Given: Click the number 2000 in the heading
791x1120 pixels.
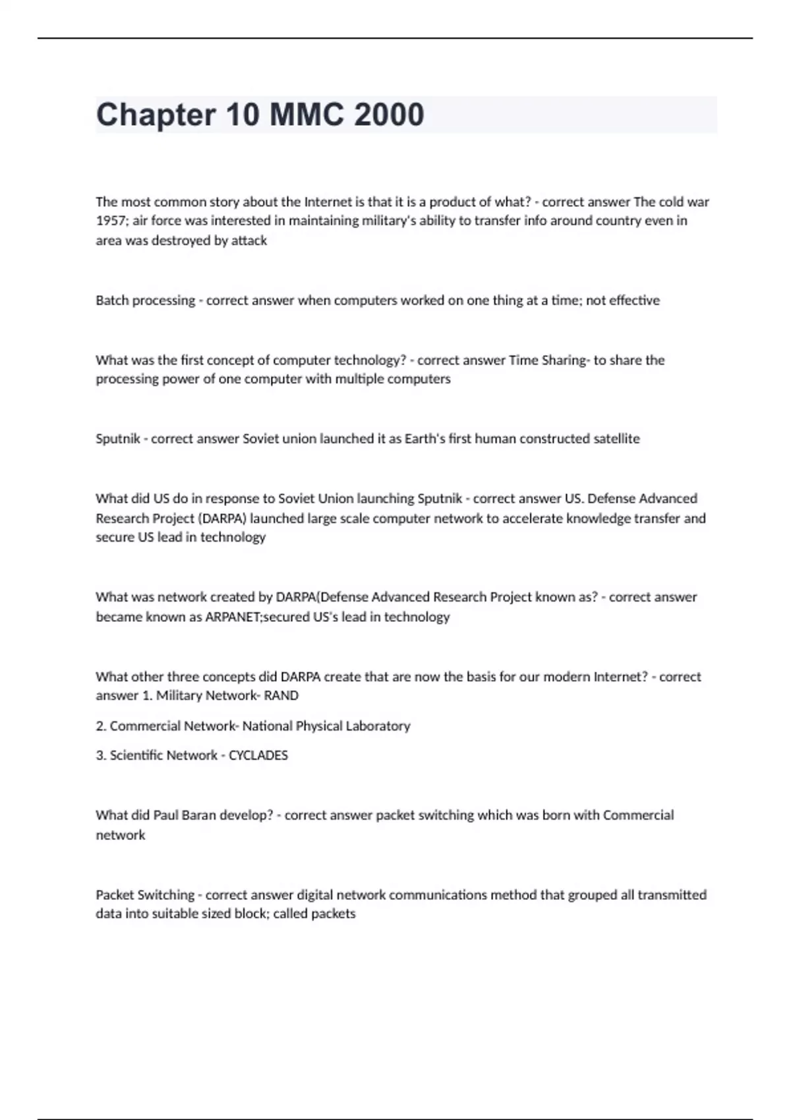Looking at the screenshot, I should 389,115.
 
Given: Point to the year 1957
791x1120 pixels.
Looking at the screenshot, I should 111,221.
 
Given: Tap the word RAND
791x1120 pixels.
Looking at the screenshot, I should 281,696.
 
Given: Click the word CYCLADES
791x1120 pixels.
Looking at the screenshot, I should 258,756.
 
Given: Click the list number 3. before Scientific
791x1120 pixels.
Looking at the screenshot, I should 101,756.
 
